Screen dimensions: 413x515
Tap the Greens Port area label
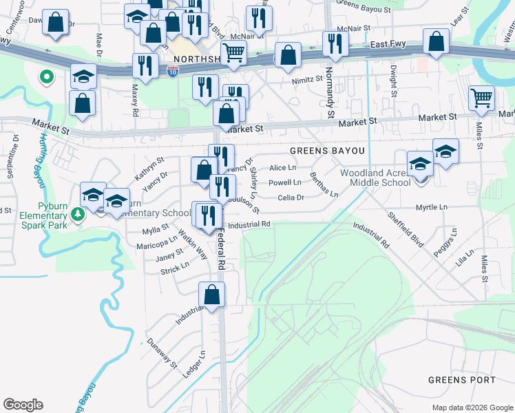pos(461,380)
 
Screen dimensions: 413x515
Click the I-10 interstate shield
pos(172,70)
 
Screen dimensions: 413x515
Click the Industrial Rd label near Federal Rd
pos(249,224)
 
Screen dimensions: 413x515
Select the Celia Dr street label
pos(291,198)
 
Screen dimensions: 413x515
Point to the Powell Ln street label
pos(284,183)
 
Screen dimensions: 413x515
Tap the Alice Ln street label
pos(282,168)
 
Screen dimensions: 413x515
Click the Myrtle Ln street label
pos(431,207)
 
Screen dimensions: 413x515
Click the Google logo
pos(23,405)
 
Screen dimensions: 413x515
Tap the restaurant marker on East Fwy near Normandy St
pos(335,43)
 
